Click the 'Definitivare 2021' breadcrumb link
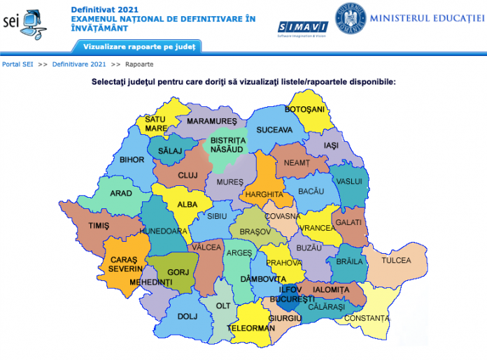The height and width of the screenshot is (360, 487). pyautogui.click(x=79, y=64)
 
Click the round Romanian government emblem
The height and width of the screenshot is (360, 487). pyautogui.click(x=351, y=18)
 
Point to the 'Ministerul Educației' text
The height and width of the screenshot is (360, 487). pyautogui.click(x=427, y=17)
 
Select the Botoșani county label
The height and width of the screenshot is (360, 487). pyautogui.click(x=304, y=110)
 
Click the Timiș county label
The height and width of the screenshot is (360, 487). pyautogui.click(x=99, y=226)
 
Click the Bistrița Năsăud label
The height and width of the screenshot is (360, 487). pyautogui.click(x=224, y=145)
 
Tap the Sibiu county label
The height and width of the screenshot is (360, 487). pyautogui.click(x=217, y=217)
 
